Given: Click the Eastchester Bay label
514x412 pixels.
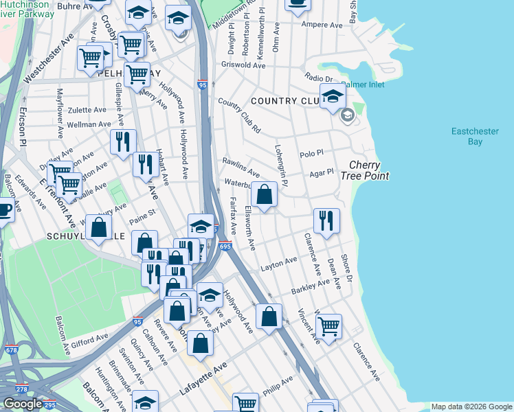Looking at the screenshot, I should (475, 136).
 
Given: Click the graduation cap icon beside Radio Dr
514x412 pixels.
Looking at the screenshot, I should (333, 97).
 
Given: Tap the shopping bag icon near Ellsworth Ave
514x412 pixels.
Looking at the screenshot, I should (265, 195).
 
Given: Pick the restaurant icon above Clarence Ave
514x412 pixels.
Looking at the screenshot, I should (326, 220).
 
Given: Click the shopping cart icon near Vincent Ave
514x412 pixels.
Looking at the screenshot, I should (329, 326).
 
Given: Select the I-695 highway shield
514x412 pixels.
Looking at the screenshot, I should (227, 245).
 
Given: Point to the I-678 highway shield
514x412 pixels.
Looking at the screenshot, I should (12, 350).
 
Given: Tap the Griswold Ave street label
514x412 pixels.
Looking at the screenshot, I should (243, 65).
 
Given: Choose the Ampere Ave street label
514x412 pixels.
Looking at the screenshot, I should (322, 25).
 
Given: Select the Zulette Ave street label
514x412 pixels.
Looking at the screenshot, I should (87, 109).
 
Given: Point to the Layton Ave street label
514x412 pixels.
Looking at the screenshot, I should (278, 263).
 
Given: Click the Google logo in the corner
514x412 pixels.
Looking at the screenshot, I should (23, 404).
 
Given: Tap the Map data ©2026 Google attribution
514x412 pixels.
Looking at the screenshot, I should (471, 407).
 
